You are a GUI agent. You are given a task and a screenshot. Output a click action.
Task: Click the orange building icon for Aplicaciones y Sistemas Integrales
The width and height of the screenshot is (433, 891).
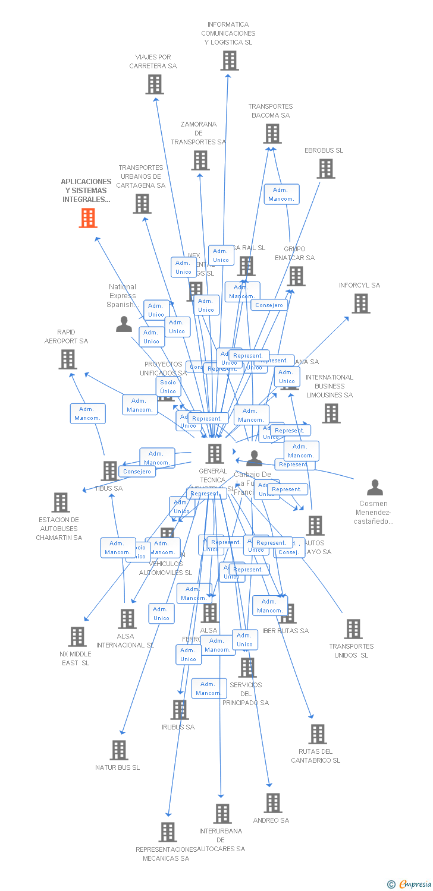tap(88, 218)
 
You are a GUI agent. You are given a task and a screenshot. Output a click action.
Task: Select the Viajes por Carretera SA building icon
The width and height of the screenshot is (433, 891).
tap(155, 84)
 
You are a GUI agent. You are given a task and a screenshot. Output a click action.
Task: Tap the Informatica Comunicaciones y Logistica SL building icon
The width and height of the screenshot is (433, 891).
tap(229, 61)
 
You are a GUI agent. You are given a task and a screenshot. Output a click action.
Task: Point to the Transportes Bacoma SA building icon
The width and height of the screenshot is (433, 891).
tap(272, 134)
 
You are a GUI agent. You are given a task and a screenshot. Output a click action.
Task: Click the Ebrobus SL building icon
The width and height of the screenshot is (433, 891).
tap(325, 169)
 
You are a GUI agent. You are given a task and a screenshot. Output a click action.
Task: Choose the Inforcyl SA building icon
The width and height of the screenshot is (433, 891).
tap(360, 304)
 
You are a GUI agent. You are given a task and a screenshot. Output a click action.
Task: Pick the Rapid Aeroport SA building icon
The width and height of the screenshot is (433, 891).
tap(68, 359)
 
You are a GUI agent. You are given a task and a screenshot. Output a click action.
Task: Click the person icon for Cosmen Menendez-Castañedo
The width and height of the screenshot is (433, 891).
tap(375, 488)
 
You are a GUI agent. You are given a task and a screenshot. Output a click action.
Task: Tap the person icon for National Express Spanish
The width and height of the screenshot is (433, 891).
tap(124, 324)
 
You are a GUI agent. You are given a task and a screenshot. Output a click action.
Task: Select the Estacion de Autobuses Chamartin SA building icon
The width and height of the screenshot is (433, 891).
tap(60, 503)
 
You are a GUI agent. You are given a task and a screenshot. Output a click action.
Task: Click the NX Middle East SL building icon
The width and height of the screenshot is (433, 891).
tap(77, 637)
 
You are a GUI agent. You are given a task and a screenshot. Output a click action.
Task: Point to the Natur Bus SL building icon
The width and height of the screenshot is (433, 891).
tap(119, 750)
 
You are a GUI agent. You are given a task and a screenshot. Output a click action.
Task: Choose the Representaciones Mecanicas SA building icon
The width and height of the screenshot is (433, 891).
tap(168, 832)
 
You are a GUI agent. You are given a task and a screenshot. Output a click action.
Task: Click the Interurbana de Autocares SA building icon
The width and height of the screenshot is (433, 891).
tap(222, 814)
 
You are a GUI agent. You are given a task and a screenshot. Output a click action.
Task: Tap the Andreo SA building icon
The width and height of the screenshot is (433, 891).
tap(272, 803)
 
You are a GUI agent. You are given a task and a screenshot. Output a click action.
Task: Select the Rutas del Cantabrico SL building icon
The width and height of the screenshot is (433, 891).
tap(318, 734)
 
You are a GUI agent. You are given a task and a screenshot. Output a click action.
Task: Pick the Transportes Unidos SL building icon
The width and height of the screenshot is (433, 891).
tap(353, 629)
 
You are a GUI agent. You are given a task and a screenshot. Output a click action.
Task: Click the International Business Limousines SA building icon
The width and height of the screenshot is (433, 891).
tap(331, 413)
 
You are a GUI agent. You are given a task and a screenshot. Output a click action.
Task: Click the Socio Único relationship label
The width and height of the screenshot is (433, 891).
tap(168, 387)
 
